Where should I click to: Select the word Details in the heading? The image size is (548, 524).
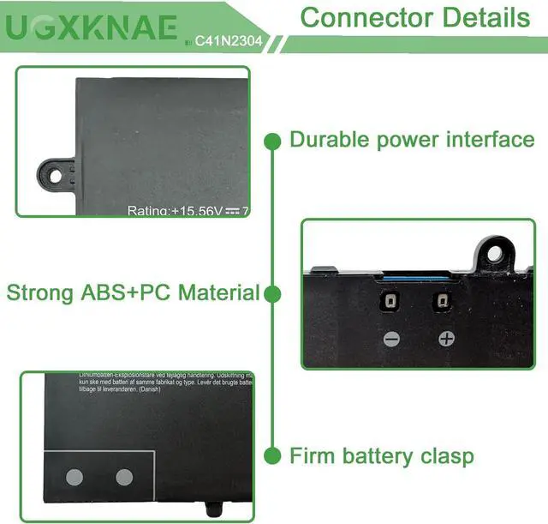point(485,17)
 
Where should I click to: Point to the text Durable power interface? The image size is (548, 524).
point(412,140)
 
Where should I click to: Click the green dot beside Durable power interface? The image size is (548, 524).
point(272,140)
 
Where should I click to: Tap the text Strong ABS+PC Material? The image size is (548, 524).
point(133,292)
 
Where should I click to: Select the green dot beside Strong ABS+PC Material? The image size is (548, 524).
point(272,294)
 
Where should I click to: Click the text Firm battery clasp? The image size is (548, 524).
point(381,455)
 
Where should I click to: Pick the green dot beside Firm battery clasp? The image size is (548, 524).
point(272,455)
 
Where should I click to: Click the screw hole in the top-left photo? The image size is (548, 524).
point(56,175)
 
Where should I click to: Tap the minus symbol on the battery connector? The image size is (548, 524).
point(391,338)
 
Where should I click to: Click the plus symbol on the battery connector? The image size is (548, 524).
point(445,338)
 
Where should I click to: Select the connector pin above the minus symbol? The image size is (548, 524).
point(390,302)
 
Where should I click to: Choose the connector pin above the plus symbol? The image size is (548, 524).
point(444,302)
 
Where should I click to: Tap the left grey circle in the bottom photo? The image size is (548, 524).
point(74,477)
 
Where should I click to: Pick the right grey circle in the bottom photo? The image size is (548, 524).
point(124,477)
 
